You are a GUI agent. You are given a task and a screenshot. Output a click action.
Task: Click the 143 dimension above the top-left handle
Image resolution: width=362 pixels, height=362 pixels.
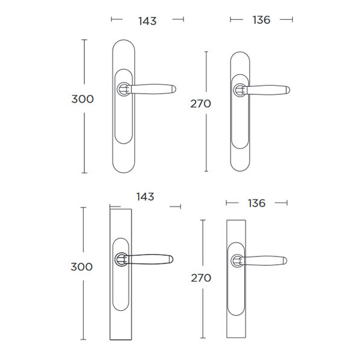(x=147, y=21)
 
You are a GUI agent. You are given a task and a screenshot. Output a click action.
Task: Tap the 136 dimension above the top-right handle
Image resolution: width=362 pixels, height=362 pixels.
(x=261, y=20)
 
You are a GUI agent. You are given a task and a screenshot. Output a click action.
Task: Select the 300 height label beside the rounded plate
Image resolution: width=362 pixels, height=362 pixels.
(x=83, y=99)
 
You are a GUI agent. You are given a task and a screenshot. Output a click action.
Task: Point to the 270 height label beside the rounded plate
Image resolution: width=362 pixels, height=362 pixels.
(x=201, y=104)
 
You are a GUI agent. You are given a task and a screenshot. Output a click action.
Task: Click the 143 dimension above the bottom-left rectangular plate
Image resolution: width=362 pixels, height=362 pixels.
(x=145, y=197)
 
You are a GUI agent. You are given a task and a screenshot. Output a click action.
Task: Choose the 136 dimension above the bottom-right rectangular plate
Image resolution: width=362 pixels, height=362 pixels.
(x=257, y=203)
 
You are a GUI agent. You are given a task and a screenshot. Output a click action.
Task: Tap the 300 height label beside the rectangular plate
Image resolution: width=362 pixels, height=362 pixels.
(x=81, y=267)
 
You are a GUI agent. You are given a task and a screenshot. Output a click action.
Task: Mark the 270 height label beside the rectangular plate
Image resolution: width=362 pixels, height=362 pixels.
(x=201, y=278)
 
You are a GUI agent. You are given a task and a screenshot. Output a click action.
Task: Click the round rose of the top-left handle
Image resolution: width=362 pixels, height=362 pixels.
(x=124, y=89)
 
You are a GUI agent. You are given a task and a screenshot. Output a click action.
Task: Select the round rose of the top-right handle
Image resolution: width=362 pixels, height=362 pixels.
(x=240, y=90)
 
